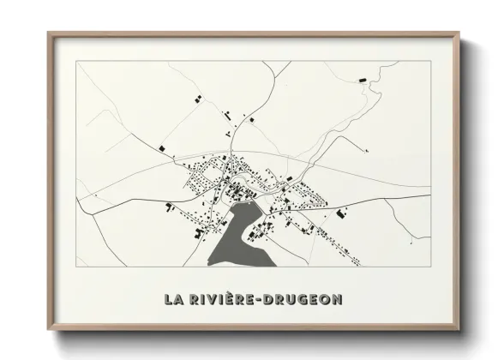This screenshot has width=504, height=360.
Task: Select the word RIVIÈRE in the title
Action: click(228, 300)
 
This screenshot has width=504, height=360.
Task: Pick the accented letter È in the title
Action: click(233, 299)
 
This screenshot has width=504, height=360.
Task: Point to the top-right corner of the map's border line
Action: click(431, 63)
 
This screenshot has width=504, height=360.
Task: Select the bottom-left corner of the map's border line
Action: click(76, 267)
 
